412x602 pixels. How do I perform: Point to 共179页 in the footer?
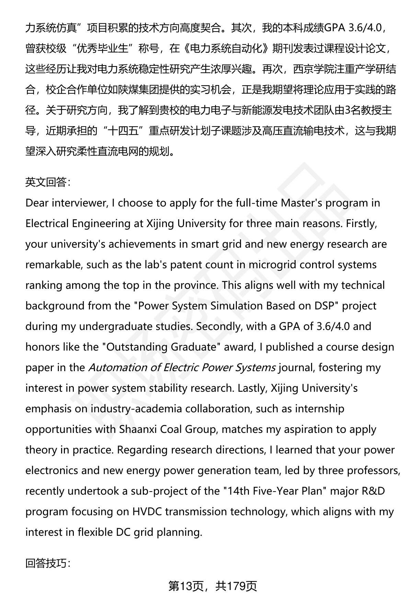236,586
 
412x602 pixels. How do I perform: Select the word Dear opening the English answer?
37,203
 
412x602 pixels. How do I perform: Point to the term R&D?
373,491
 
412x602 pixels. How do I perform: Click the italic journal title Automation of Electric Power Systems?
182,367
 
